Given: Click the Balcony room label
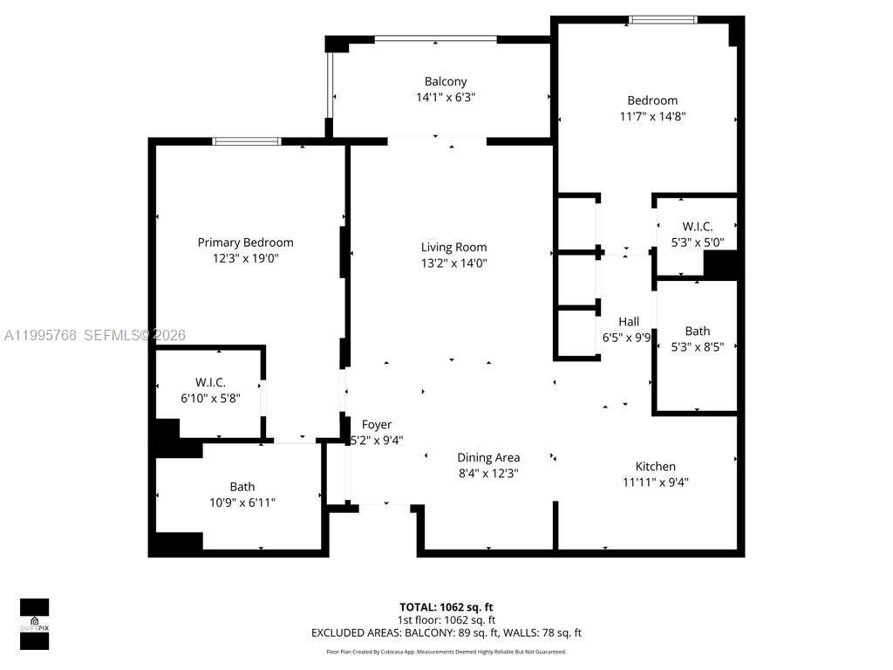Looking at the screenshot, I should [x=446, y=82].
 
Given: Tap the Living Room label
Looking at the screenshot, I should [x=453, y=247].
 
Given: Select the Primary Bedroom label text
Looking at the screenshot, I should [x=245, y=243].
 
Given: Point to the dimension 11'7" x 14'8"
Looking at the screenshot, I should [x=652, y=116].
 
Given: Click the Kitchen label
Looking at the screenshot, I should [x=655, y=467].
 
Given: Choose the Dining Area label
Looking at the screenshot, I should [x=488, y=457].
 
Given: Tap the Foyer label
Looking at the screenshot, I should [x=377, y=425].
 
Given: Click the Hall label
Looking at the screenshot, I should [x=629, y=321].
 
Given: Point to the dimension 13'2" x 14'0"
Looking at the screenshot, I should [x=453, y=263].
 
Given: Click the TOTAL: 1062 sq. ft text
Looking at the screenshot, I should [x=446, y=607].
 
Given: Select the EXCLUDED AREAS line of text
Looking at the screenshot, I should [x=446, y=632].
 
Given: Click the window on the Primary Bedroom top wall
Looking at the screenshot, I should [x=247, y=141].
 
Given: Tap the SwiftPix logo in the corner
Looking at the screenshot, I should [x=35, y=623].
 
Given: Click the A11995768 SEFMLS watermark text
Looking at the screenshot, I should [x=94, y=335].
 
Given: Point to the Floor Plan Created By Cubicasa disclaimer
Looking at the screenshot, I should [x=446, y=652].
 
